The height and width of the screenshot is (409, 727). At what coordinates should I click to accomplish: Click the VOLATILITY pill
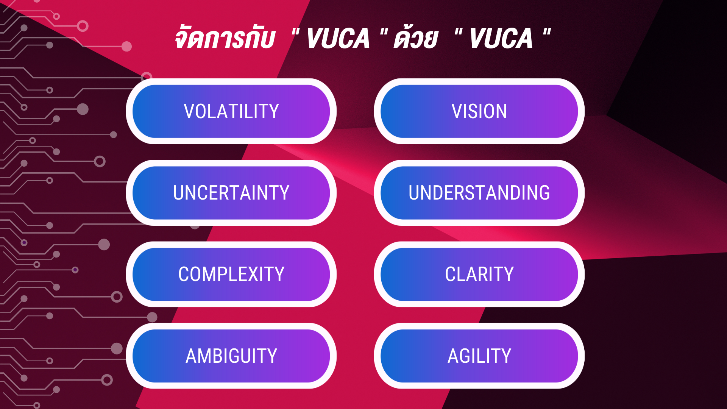(231, 111)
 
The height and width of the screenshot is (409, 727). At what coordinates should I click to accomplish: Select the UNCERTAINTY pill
(231, 193)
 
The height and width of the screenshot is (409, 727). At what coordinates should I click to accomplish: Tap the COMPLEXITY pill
(231, 274)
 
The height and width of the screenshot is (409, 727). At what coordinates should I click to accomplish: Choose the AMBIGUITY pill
(231, 356)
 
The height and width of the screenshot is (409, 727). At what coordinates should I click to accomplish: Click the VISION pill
(479, 111)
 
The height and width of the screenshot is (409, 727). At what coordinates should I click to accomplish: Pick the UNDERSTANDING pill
(479, 193)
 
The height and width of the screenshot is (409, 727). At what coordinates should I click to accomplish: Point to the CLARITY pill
(479, 274)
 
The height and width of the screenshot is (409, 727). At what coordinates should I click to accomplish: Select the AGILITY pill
(479, 356)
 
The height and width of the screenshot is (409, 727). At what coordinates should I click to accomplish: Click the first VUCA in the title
(338, 39)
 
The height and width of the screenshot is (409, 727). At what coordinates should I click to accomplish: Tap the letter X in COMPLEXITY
(258, 274)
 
